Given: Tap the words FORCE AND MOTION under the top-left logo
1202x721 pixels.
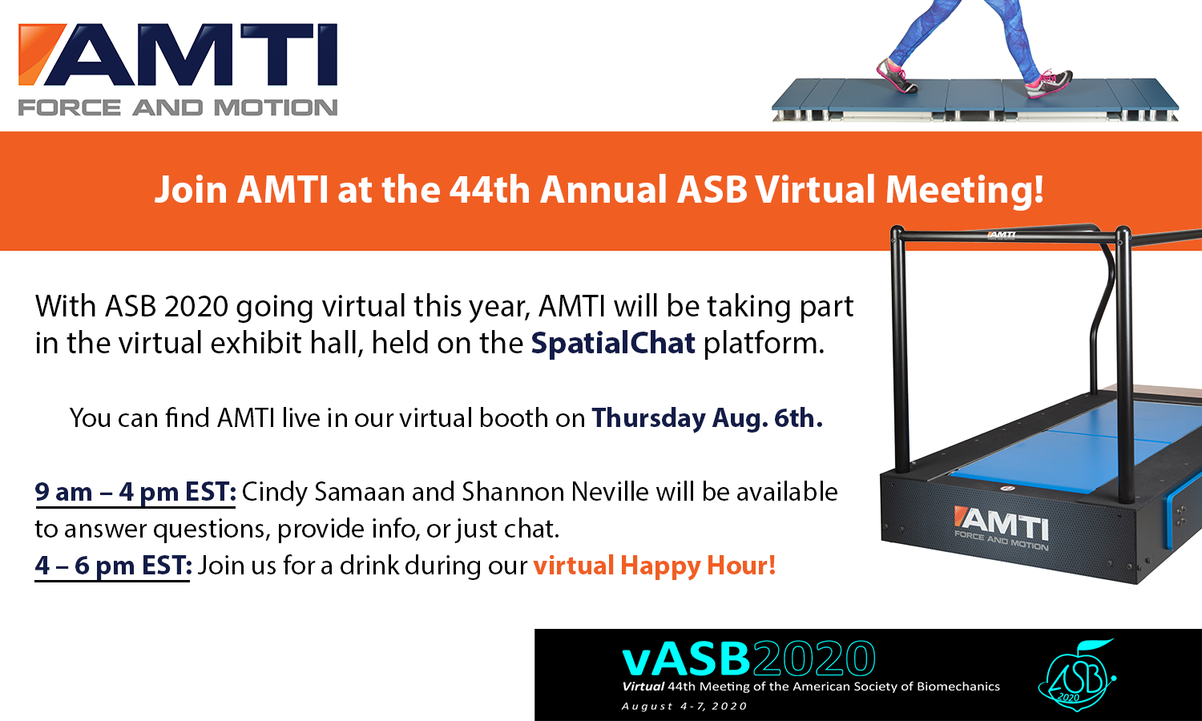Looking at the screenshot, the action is (x=178, y=108).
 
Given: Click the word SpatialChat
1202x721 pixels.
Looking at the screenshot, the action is (x=613, y=344).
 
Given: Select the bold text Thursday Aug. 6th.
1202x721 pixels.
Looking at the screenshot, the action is (x=708, y=418).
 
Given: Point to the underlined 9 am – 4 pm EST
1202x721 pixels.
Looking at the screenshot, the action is (x=135, y=492).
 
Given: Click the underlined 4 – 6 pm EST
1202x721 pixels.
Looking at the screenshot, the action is (x=113, y=566).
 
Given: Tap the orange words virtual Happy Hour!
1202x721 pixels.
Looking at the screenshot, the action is (x=654, y=566).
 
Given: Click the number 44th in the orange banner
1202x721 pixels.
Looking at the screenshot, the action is (x=490, y=190).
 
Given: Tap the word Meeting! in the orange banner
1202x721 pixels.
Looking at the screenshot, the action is (x=964, y=191).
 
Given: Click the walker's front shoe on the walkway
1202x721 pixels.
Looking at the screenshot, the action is (x=1048, y=83).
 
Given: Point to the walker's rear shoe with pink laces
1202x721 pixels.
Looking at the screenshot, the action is (x=895, y=77).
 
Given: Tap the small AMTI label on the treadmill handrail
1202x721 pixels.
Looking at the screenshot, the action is (x=1002, y=235).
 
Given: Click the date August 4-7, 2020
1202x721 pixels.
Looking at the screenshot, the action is (x=684, y=706).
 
